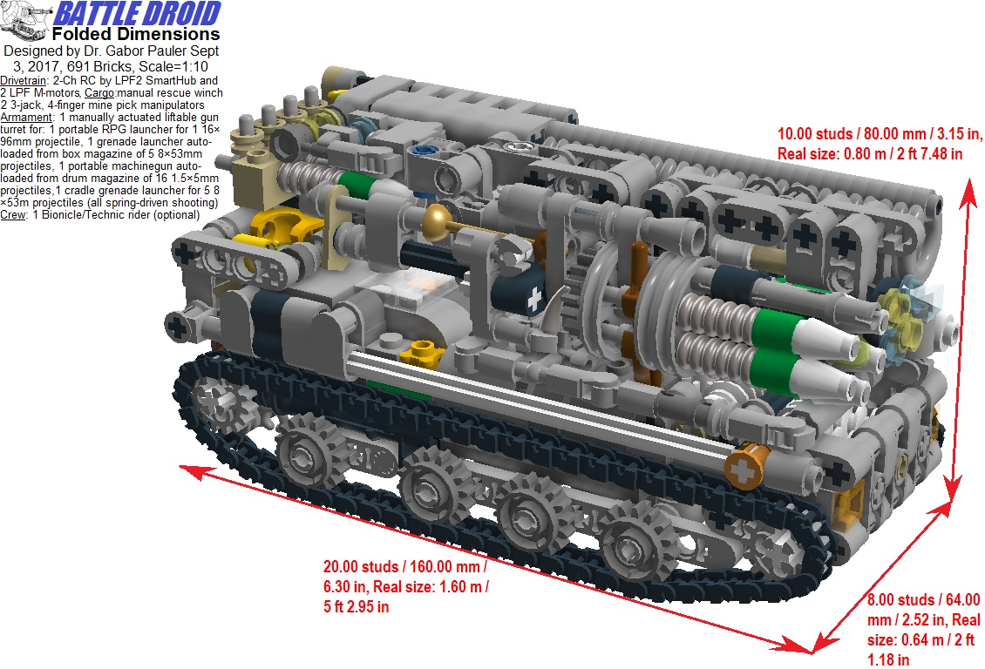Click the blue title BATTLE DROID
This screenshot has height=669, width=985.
tap(138, 15)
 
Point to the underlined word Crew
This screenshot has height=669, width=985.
tap(14, 214)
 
